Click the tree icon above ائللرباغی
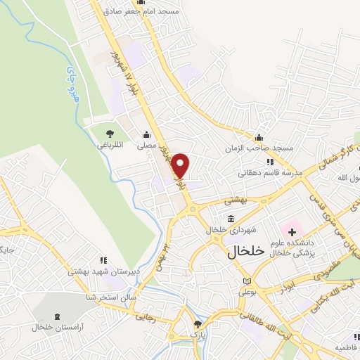coord(110,134)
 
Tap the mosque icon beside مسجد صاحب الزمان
coord(259,137)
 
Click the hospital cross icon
coord(292,232)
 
